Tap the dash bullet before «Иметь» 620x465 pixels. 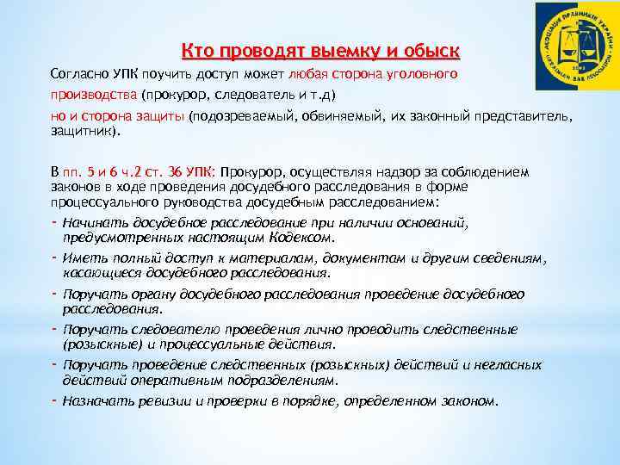[x=54, y=257]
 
